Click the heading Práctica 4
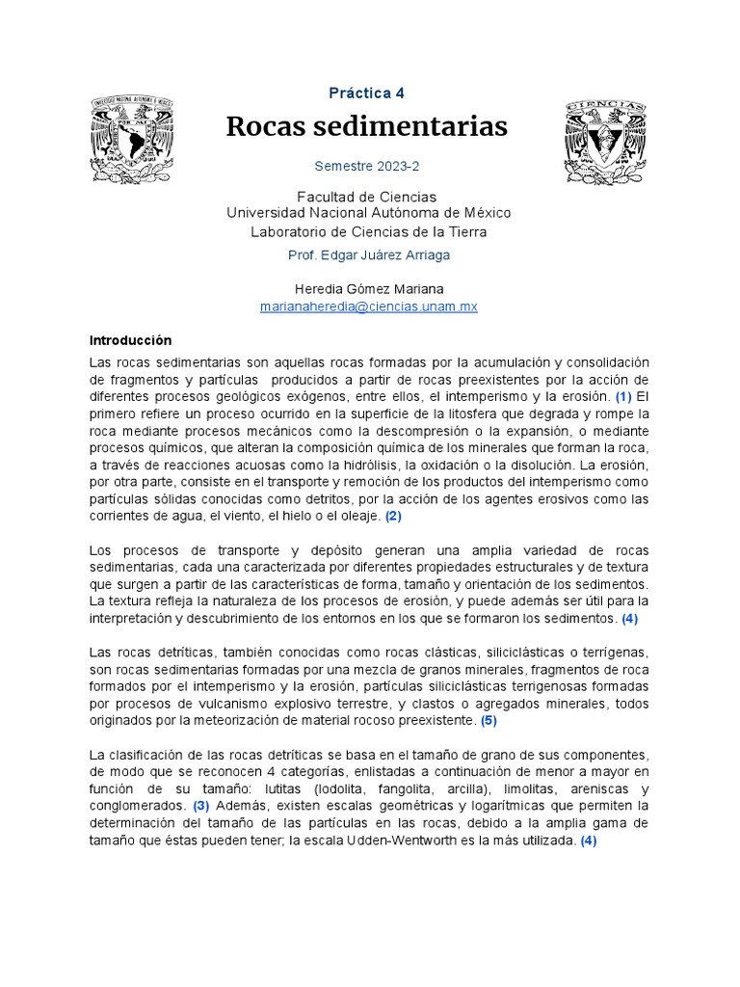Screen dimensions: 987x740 coord(366,93)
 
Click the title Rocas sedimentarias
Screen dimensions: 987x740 coord(366,126)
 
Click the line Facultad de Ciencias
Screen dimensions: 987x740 coord(367,197)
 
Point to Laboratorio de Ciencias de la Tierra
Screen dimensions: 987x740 coord(368,231)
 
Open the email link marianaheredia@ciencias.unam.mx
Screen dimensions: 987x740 coord(369,306)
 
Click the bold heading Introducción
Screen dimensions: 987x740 coord(130,340)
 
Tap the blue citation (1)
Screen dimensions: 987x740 coord(623,396)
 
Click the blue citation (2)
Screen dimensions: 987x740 coord(393,516)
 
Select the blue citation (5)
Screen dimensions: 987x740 coord(489,720)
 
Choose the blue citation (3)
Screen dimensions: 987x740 coord(200,805)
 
